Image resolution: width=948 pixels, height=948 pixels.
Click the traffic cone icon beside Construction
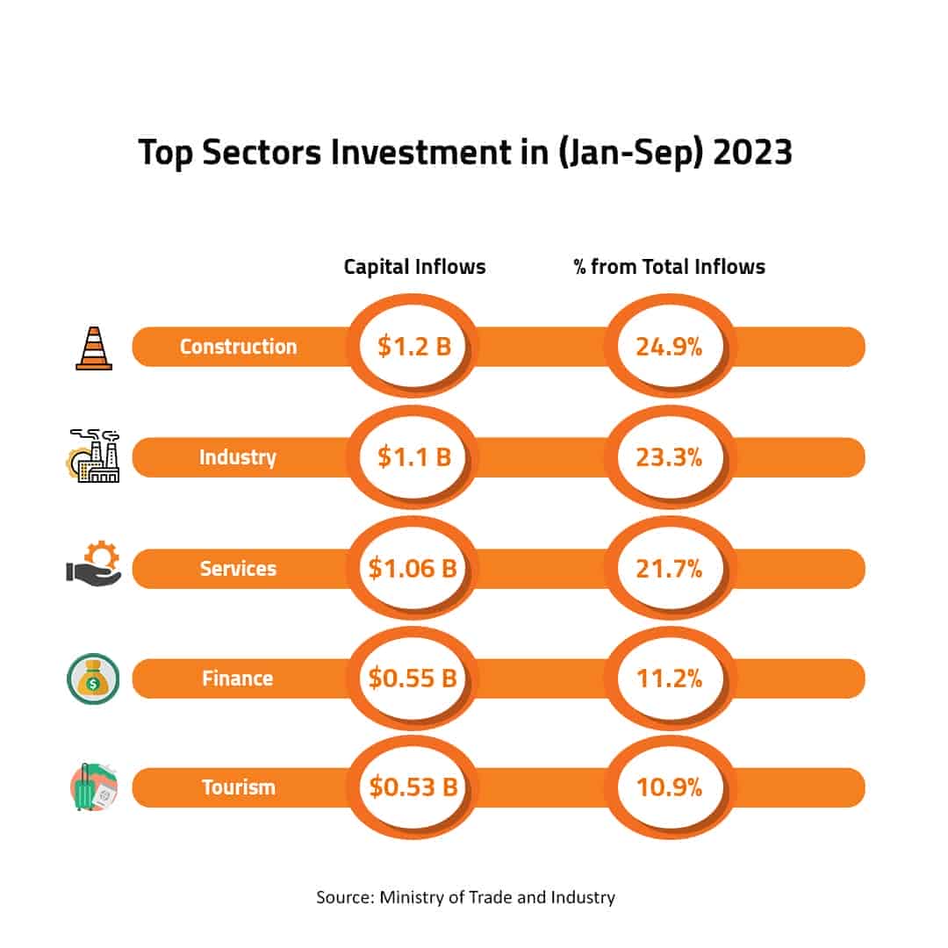pos(94,348)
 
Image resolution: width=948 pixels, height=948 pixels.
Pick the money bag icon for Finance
pos(93,679)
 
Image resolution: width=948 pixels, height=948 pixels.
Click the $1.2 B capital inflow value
pos(413,347)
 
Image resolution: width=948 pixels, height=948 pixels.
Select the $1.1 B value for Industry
pos(413,457)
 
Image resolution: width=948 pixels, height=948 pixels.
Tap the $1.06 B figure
pos(413,569)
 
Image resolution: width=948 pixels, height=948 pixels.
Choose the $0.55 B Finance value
pos(413,679)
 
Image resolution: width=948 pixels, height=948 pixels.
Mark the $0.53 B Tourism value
pos(413,787)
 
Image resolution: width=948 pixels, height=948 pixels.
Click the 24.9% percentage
pos(670,347)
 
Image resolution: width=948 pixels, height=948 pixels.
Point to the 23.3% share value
pos(670,457)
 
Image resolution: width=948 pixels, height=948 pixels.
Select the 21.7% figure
pos(670,569)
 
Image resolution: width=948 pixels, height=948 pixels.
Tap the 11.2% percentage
pos(670,679)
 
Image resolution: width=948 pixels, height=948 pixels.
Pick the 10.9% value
pos(670,787)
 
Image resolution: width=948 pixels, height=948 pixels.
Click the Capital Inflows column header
pos(414,267)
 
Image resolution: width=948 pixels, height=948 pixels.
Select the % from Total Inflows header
pos(669,267)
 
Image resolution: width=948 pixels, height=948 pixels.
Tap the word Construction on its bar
pos(239,347)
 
